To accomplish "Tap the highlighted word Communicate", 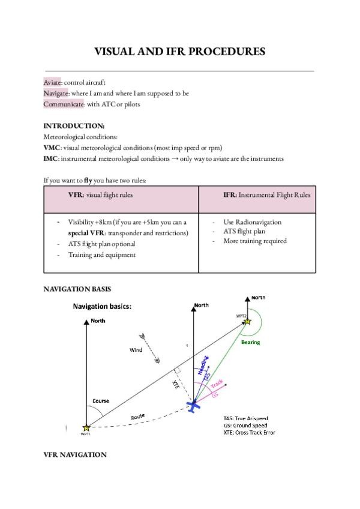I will [64, 104].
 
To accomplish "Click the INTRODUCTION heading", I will [74, 126].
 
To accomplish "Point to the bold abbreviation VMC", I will [52, 148].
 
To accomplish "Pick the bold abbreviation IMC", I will [52, 158].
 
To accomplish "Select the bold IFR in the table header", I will [229, 196].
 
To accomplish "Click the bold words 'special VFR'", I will [86, 233].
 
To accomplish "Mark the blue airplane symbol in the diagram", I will [193, 406].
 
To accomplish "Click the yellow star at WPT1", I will [86, 428].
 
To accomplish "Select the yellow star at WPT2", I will [246, 322].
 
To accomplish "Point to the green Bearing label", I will [250, 342].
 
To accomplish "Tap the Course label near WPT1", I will [101, 400].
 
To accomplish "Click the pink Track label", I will [217, 384].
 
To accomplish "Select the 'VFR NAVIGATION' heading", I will [75, 455].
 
